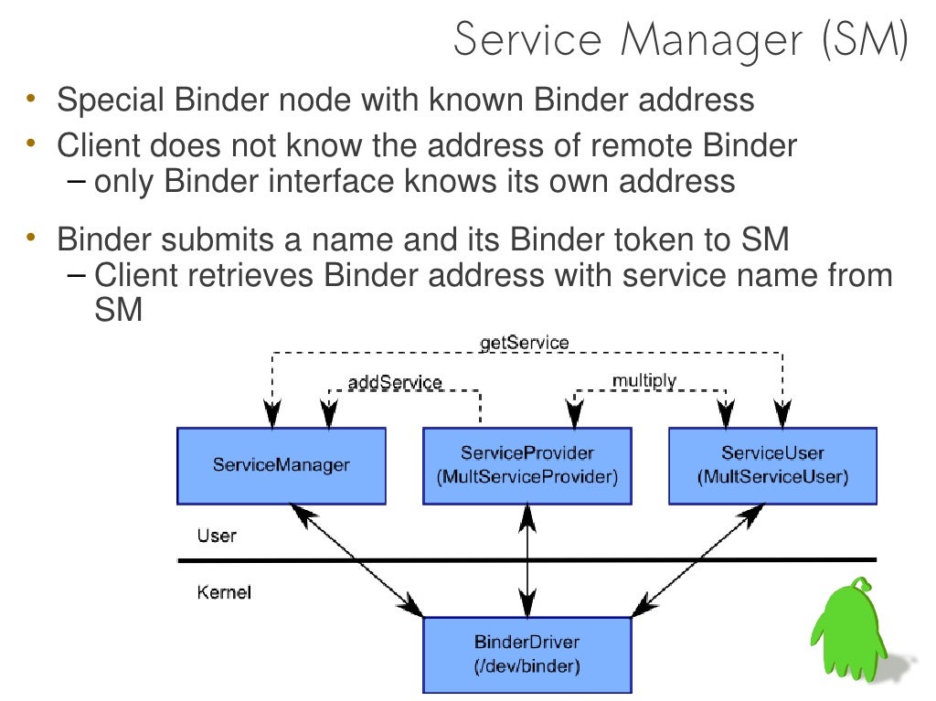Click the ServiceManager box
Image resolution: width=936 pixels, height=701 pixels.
[281, 466]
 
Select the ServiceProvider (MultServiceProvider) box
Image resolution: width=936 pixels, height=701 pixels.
[527, 466]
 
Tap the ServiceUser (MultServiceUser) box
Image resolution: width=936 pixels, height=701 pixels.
[772, 466]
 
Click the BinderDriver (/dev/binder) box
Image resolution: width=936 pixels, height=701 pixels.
[527, 654]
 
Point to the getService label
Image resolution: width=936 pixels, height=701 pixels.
[524, 343]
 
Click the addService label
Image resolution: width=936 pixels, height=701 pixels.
[395, 382]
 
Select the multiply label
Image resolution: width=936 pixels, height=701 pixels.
[644, 379]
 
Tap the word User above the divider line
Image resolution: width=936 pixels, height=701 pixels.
[217, 536]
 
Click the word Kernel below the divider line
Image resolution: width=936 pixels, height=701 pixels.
[224, 592]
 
